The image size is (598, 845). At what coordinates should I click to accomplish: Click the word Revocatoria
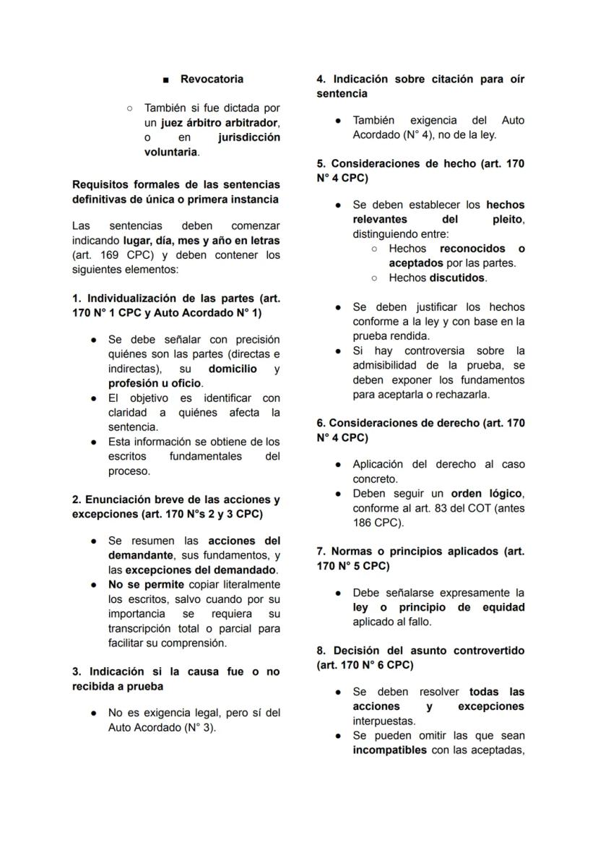point(212,79)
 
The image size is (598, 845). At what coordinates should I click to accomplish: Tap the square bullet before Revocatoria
point(166,80)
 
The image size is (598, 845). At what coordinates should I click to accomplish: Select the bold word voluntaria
point(170,152)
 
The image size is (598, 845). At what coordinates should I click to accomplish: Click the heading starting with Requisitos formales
point(175,192)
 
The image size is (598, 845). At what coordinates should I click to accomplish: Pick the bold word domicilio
point(233,369)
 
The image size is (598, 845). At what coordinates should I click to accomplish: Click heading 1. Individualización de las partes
point(175,305)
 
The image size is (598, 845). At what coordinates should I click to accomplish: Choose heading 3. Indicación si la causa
point(175,679)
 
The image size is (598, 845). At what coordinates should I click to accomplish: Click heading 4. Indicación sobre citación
point(420,86)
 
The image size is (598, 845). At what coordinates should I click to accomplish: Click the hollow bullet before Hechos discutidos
point(375,278)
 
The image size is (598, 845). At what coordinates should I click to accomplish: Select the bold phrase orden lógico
point(485,494)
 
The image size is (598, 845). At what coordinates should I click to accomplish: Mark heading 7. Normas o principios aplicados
point(420,558)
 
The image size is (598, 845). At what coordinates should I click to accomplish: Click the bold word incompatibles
point(390,750)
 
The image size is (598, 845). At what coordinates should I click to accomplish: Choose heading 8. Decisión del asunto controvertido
point(420,658)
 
